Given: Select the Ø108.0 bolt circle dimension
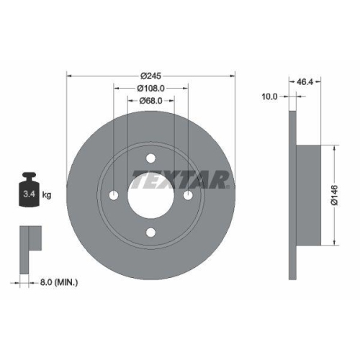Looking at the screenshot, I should pos(151,89).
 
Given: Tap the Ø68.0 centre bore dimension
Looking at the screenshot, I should pos(151,101).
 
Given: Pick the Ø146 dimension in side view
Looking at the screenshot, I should pos(334,195).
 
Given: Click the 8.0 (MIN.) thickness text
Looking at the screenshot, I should pos(60,283).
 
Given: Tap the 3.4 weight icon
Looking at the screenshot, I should pos(29,194).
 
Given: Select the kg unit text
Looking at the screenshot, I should pos(47,195).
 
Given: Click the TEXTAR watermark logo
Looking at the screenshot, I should pos(180,179).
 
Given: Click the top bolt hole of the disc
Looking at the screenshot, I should pos(150,158).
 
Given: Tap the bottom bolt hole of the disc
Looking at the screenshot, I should pos(150,233).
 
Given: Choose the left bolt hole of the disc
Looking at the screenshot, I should pos(114,195).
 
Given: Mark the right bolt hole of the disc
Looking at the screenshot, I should pos(188,195).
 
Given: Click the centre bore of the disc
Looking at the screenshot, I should pos(150,195).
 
